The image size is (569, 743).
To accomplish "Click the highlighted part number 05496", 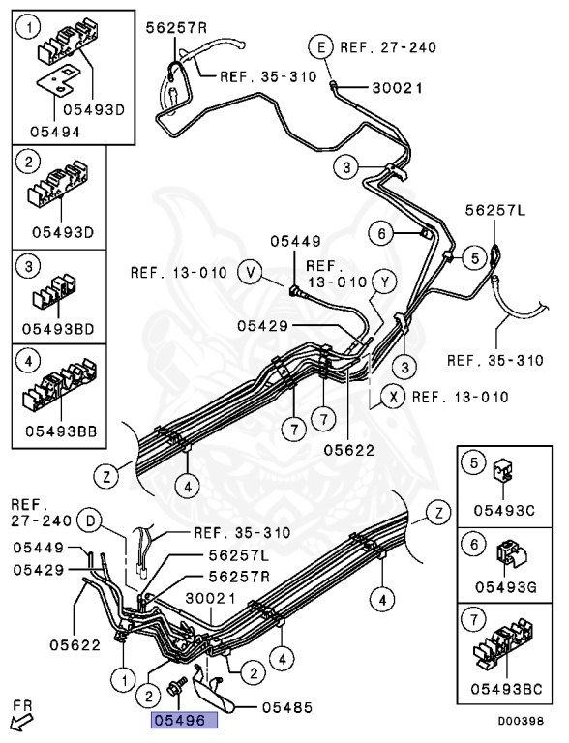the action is (184, 720).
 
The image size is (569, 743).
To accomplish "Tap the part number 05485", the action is (287, 707).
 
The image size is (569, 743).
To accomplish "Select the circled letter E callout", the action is (322, 47).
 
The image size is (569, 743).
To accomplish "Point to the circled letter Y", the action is (385, 282).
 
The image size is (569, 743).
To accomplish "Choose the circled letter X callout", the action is (394, 397).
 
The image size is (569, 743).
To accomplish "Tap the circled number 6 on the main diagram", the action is (381, 233).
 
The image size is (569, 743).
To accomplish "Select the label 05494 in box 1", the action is (55, 132).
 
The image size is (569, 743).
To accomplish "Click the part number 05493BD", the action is (58, 328).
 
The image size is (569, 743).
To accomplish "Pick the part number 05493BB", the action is (61, 431).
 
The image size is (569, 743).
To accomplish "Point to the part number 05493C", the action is (504, 510).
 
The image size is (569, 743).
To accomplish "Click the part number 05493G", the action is (506, 587).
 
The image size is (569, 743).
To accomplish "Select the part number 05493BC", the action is (506, 689).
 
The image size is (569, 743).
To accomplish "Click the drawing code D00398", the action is (521, 721).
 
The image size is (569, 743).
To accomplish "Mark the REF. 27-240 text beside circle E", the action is (388, 47).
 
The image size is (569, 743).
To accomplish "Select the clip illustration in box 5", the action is (504, 470).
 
